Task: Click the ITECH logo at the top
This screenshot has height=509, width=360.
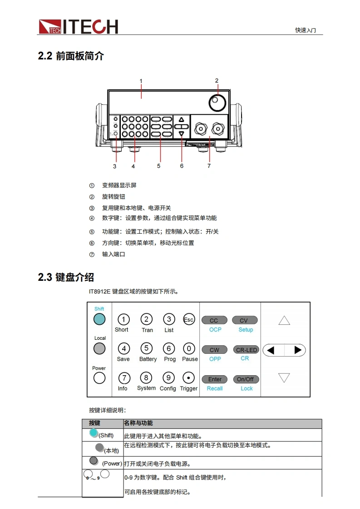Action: [x=78, y=27]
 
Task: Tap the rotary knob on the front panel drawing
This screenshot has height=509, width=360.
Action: [x=217, y=103]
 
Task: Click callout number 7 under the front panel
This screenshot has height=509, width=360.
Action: [x=209, y=166]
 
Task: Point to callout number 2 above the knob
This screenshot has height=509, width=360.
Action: [x=217, y=80]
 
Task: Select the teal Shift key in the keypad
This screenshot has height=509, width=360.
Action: [x=99, y=319]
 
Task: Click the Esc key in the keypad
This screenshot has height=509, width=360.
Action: [x=189, y=319]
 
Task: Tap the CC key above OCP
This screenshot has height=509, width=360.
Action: [x=214, y=320]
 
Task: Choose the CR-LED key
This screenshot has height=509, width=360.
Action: [x=247, y=350]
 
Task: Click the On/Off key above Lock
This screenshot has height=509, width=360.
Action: [x=246, y=379]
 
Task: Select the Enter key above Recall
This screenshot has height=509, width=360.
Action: [x=215, y=379]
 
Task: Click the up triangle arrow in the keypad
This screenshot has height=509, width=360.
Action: [x=284, y=320]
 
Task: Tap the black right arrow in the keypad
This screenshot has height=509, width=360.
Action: [x=298, y=350]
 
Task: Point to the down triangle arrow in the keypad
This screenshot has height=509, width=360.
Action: [x=284, y=377]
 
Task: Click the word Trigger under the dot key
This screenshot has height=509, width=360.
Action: [x=189, y=388]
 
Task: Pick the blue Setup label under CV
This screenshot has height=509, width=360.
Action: [x=246, y=330]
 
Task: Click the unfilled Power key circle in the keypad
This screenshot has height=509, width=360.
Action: [x=99, y=378]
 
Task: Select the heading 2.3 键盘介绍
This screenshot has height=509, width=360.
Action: [x=66, y=277]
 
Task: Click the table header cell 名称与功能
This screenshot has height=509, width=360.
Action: [x=138, y=423]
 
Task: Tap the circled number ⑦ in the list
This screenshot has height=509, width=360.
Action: [x=92, y=254]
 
